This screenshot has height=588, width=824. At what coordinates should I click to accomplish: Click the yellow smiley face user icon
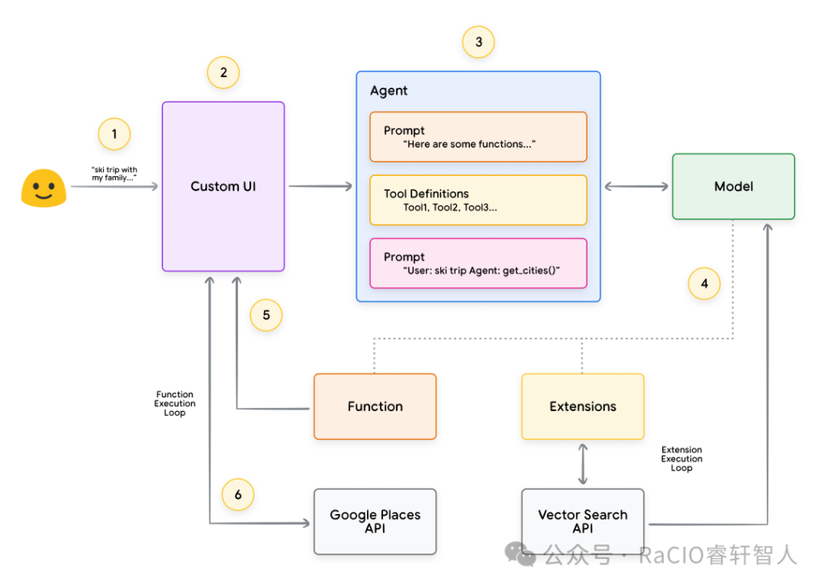43,187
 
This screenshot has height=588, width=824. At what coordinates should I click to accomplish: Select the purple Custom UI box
224,187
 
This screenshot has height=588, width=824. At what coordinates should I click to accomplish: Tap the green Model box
734,187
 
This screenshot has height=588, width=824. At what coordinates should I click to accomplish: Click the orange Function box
375,406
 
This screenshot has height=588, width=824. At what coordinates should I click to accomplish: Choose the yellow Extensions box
583,406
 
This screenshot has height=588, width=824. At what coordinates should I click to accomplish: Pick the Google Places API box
375,522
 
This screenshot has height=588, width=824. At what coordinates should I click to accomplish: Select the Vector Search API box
583,522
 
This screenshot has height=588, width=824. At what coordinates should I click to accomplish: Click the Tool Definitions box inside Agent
478,200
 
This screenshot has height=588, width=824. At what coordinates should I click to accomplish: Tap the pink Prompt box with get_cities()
478,263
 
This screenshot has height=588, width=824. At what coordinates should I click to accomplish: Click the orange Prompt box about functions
478,137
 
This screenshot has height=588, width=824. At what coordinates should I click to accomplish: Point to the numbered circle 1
114,134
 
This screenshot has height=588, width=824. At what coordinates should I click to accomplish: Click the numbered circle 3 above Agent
478,42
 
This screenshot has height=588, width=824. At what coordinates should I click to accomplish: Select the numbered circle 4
704,284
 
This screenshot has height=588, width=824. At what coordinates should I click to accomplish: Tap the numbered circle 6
238,495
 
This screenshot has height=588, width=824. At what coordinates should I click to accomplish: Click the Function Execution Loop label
175,404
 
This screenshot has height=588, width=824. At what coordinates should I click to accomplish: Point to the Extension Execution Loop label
682,458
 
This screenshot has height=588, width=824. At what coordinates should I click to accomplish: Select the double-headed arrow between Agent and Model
637,187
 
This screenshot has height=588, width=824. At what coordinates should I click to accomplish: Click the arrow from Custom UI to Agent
320,186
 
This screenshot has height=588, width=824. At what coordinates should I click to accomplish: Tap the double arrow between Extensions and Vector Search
583,464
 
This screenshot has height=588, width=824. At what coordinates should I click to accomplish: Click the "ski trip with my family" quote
114,174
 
